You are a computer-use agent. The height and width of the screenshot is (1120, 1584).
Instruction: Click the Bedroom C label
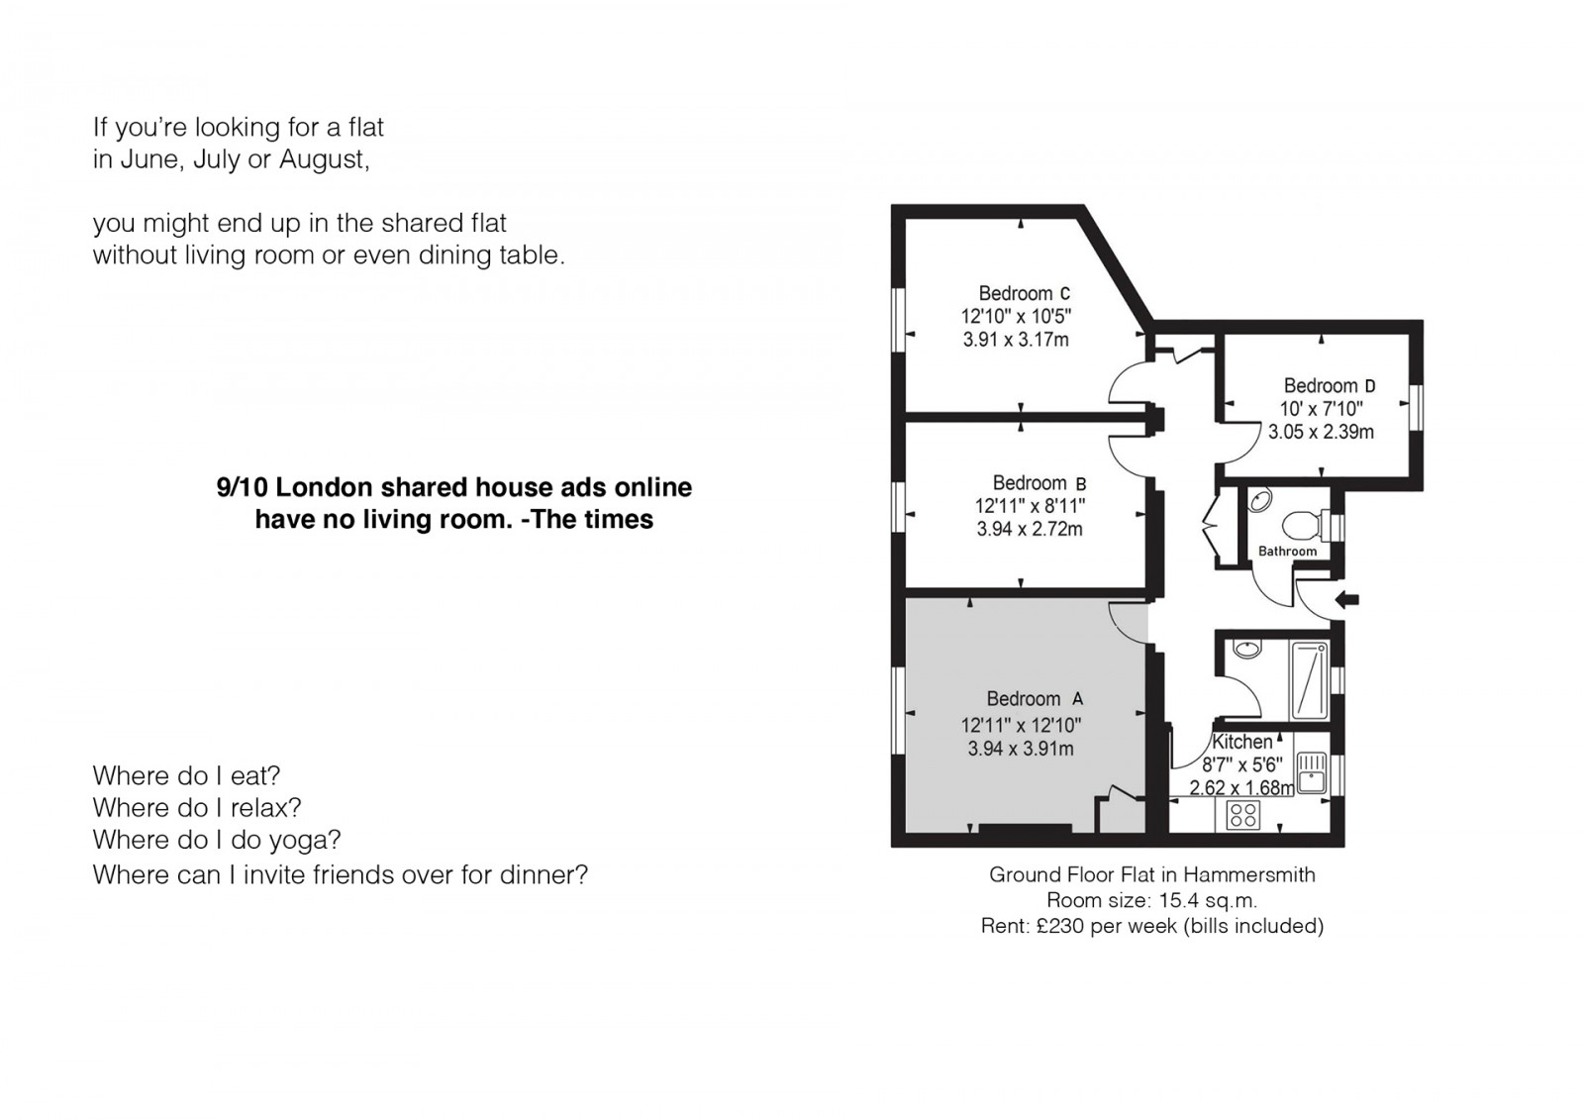[1024, 293]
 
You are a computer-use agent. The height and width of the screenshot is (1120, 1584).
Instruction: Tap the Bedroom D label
[1330, 385]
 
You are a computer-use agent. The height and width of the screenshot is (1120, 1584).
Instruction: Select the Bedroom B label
[1039, 483]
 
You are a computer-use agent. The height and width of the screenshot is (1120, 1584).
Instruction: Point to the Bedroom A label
[1035, 699]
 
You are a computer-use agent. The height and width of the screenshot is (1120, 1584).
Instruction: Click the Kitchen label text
[1241, 742]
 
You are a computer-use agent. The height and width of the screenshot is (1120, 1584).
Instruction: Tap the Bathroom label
[1287, 552]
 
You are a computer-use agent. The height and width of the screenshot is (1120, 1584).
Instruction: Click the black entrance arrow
[1346, 600]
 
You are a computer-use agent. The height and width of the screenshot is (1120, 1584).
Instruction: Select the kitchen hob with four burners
[1242, 814]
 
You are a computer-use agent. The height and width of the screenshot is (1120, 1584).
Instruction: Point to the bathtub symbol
[1308, 680]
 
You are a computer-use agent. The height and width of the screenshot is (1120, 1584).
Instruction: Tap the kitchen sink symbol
[1313, 771]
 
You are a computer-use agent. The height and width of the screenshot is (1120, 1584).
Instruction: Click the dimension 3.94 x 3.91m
[1021, 749]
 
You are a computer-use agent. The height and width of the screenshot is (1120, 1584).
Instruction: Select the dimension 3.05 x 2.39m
[1321, 432]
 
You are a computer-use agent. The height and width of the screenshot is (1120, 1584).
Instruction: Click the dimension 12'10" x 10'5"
[1016, 316]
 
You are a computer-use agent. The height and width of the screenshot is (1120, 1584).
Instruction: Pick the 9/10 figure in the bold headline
[242, 487]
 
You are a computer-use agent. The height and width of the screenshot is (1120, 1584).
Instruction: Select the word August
[325, 159]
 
